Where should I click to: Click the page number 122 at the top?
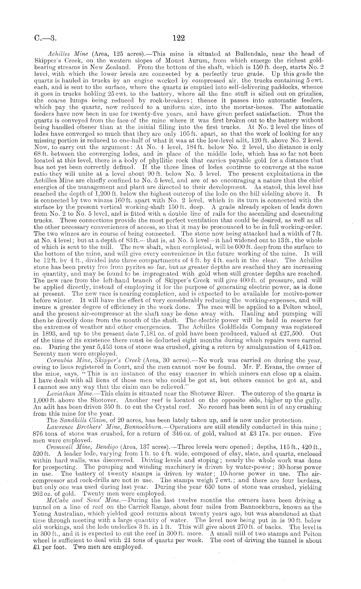179,38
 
